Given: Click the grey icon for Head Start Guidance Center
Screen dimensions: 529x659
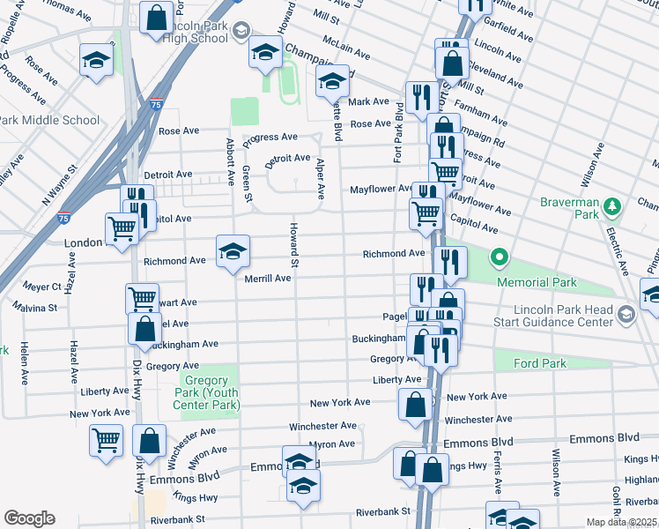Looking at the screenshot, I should point(626,314).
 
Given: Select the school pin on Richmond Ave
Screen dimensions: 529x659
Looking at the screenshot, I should point(233,251).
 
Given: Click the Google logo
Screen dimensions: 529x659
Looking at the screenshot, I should point(28,518).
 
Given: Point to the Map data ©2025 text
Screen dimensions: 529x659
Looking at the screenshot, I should point(622,522).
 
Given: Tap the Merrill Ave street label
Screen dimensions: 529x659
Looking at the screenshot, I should point(268,279).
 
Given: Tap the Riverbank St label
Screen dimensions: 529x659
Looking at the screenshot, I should point(383,510).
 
